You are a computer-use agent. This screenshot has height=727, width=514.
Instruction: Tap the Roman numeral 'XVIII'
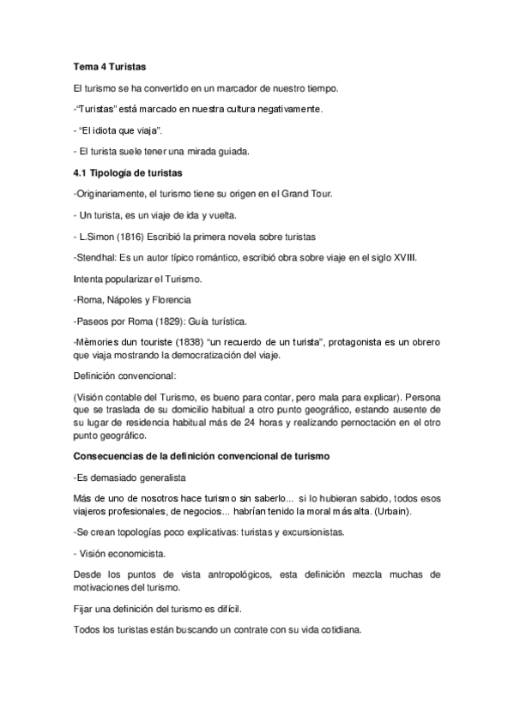[x=415, y=256]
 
